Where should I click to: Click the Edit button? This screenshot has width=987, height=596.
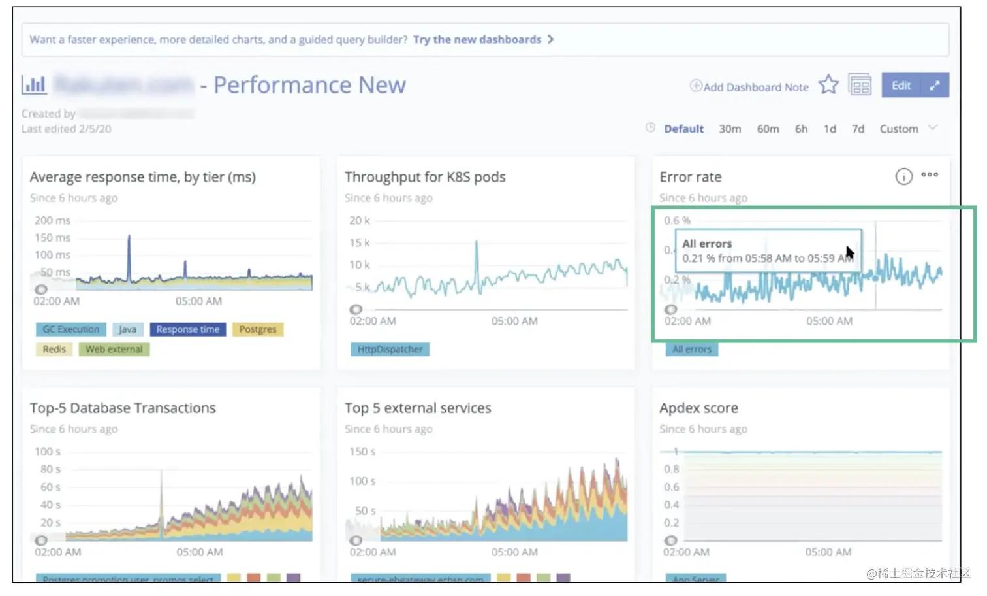[901, 86]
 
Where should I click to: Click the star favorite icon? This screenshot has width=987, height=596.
[828, 85]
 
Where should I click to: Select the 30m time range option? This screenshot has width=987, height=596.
[730, 129]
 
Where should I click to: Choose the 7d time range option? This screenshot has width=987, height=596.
[858, 129]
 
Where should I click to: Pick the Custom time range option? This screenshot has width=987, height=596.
[898, 129]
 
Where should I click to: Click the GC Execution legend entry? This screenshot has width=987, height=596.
[70, 329]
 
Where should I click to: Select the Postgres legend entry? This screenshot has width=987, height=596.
[257, 329]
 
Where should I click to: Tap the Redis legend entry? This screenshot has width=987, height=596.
[54, 349]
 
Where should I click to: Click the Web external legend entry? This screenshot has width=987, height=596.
[114, 349]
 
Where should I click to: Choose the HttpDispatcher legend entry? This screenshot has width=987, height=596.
[390, 349]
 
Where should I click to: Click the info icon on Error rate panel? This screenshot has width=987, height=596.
[903, 176]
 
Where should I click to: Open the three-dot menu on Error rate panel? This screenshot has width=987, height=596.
[930, 175]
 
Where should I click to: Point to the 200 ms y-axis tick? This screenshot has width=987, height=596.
[52, 221]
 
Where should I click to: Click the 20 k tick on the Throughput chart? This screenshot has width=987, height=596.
[360, 221]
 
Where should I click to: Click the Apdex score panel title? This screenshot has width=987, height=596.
[698, 408]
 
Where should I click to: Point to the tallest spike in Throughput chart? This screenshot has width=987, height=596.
[477, 243]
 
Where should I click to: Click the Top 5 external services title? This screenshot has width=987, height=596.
[418, 408]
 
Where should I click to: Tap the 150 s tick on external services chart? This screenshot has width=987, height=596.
[362, 452]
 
